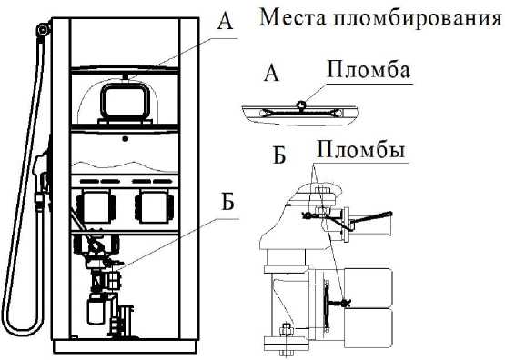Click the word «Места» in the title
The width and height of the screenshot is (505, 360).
pyautogui.click(x=292, y=17)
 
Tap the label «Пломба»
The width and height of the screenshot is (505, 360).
pyautogui.click(x=369, y=70)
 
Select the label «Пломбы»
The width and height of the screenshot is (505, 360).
pyautogui.click(x=361, y=149)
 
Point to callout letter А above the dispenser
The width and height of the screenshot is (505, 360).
pyautogui.click(x=225, y=22)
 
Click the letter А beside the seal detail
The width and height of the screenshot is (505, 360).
pyautogui.click(x=271, y=73)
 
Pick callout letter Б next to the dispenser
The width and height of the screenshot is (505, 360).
pyautogui.click(x=227, y=202)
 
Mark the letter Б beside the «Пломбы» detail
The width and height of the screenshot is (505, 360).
pyautogui.click(x=279, y=155)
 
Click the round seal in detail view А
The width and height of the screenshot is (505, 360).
pyautogui.click(x=301, y=104)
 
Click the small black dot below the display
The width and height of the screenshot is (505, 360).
pyautogui.click(x=126, y=139)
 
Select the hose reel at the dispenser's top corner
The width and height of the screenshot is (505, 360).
pyautogui.click(x=43, y=30)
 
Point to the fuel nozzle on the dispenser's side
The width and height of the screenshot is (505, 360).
pyautogui.click(x=41, y=175)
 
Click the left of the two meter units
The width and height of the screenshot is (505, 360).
pyautogui.click(x=96, y=205)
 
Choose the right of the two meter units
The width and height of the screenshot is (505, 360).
pyautogui.click(x=155, y=205)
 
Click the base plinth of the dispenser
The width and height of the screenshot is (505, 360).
pyautogui.click(x=126, y=346)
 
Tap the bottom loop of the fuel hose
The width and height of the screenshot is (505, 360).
pyautogui.click(x=21, y=329)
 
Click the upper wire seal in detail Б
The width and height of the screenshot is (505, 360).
pyautogui.click(x=307, y=215)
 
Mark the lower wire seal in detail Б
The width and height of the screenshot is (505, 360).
pyautogui.click(x=346, y=303)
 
